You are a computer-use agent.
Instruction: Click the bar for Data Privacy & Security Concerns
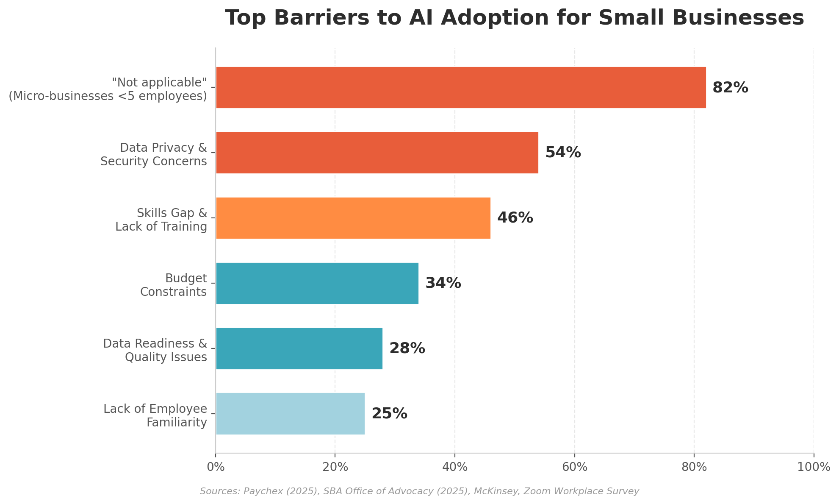click(x=377, y=153)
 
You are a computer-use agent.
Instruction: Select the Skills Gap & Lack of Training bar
click(x=353, y=218)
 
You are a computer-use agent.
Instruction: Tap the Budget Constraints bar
click(x=317, y=283)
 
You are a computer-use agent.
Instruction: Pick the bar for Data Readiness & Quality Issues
click(x=299, y=348)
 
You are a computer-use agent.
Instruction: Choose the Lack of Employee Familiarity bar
click(x=290, y=414)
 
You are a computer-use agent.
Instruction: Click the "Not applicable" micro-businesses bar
click(x=461, y=87)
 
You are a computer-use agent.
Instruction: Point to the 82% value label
click(x=730, y=88)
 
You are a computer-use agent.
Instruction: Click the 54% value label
click(x=563, y=153)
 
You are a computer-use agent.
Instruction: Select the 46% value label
click(x=515, y=218)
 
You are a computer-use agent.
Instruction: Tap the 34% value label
click(x=443, y=283)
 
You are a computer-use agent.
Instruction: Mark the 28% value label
click(x=407, y=348)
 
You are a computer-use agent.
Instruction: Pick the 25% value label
click(x=389, y=414)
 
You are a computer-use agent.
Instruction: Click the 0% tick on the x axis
click(x=216, y=467)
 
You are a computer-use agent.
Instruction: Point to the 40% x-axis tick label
click(x=455, y=467)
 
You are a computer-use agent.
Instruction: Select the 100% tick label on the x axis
click(x=814, y=467)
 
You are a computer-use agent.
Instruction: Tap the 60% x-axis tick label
click(x=575, y=467)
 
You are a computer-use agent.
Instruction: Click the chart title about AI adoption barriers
click(x=514, y=18)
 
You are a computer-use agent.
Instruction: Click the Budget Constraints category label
click(x=174, y=285)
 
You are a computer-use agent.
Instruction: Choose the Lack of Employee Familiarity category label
click(x=155, y=415)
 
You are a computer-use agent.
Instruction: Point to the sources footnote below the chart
click(x=419, y=491)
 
